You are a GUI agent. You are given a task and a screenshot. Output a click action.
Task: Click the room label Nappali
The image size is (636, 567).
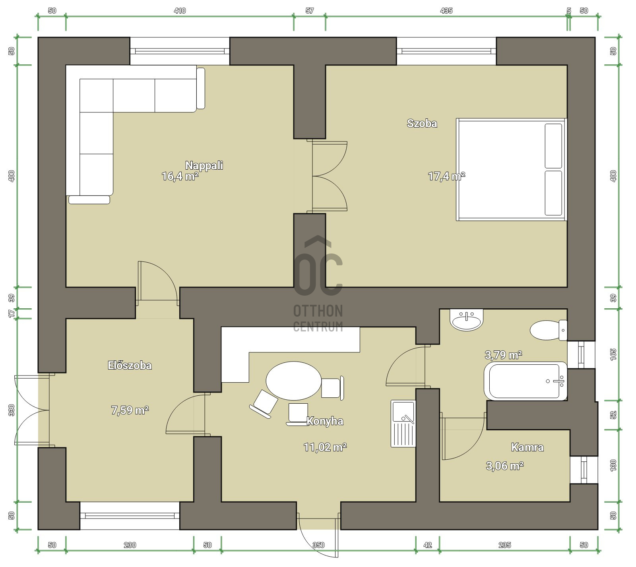point(204,165)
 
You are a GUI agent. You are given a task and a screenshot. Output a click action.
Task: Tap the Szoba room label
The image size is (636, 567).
point(422,123)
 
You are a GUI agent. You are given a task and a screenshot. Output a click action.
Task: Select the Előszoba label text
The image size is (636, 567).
point(130,365)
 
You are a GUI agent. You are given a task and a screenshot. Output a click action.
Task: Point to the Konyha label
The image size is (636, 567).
point(325,421)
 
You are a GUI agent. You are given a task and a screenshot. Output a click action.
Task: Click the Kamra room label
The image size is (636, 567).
point(527,447)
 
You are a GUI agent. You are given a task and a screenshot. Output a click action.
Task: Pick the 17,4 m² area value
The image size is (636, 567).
point(446,176)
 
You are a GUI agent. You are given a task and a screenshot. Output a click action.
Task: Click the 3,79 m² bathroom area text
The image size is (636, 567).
point(503,354)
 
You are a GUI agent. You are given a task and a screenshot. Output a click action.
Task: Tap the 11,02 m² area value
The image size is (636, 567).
point(325,447)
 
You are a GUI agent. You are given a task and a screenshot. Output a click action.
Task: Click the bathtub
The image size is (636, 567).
point(525,381)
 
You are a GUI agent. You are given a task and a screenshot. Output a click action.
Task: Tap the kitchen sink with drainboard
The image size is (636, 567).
point(403,424)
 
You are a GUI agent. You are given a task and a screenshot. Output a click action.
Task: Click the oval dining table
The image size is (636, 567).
point(293,381)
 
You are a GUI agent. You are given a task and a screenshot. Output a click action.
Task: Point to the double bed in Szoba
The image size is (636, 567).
point(511,169)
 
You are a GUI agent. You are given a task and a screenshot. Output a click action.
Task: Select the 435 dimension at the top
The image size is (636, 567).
point(446,11)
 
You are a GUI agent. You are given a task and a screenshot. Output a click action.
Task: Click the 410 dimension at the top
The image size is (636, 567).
point(180,11)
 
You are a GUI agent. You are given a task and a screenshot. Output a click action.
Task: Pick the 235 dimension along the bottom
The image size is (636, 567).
point(504,545)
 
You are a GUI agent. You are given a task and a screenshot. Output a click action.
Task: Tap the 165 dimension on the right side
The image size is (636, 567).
point(613,354)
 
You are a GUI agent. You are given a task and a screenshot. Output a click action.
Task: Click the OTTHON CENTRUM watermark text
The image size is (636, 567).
point(318,318)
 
